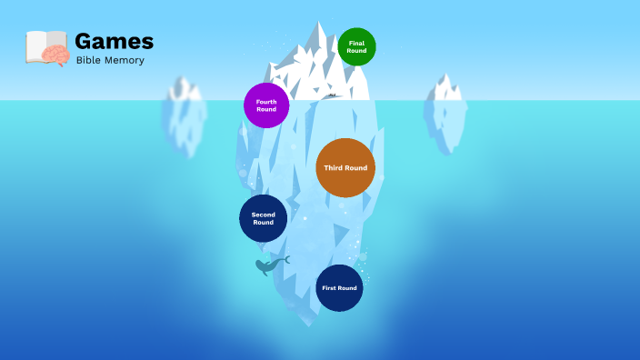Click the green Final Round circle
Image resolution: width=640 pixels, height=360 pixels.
[356, 46]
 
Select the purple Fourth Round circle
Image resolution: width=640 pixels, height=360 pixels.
[266, 105]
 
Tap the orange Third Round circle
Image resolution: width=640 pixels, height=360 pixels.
[345, 168]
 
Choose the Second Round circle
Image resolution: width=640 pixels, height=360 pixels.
[263, 218]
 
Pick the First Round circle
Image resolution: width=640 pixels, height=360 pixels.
[339, 288]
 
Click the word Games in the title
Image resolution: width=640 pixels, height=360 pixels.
[114, 42]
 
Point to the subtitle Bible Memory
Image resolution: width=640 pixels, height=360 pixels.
[110, 61]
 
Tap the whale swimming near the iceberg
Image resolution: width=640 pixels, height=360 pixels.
[270, 265]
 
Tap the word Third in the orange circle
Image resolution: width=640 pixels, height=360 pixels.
[334, 168]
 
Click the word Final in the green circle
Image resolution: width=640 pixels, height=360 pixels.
[356, 43]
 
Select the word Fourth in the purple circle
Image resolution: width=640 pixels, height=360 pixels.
[266, 102]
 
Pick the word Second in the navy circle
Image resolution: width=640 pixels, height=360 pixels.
[263, 215]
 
